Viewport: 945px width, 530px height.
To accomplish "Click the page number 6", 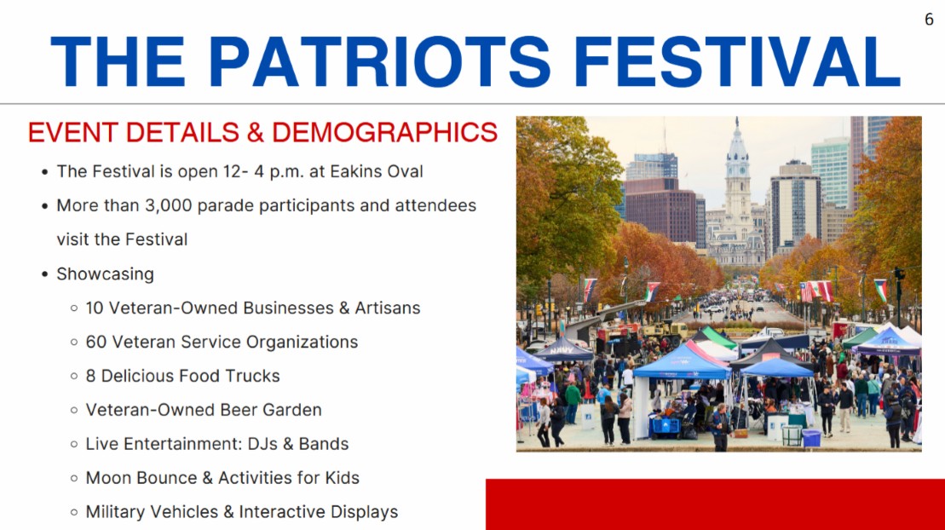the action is pos(929,20).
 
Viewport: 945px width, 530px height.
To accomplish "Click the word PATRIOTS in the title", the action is pos(379,60).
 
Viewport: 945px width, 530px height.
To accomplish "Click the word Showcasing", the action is pos(105,274).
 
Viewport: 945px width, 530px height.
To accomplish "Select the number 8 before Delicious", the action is pos(90,376).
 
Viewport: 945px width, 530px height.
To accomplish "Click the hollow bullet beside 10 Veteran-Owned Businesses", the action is pos(73,308).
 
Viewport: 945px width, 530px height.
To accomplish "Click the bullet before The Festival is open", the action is pos(44,172).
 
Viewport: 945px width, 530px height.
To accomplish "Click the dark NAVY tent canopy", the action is pos(563,349).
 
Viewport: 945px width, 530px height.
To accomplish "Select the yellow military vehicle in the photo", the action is pos(666,330).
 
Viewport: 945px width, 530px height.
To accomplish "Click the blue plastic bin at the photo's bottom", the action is pos(810,438).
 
